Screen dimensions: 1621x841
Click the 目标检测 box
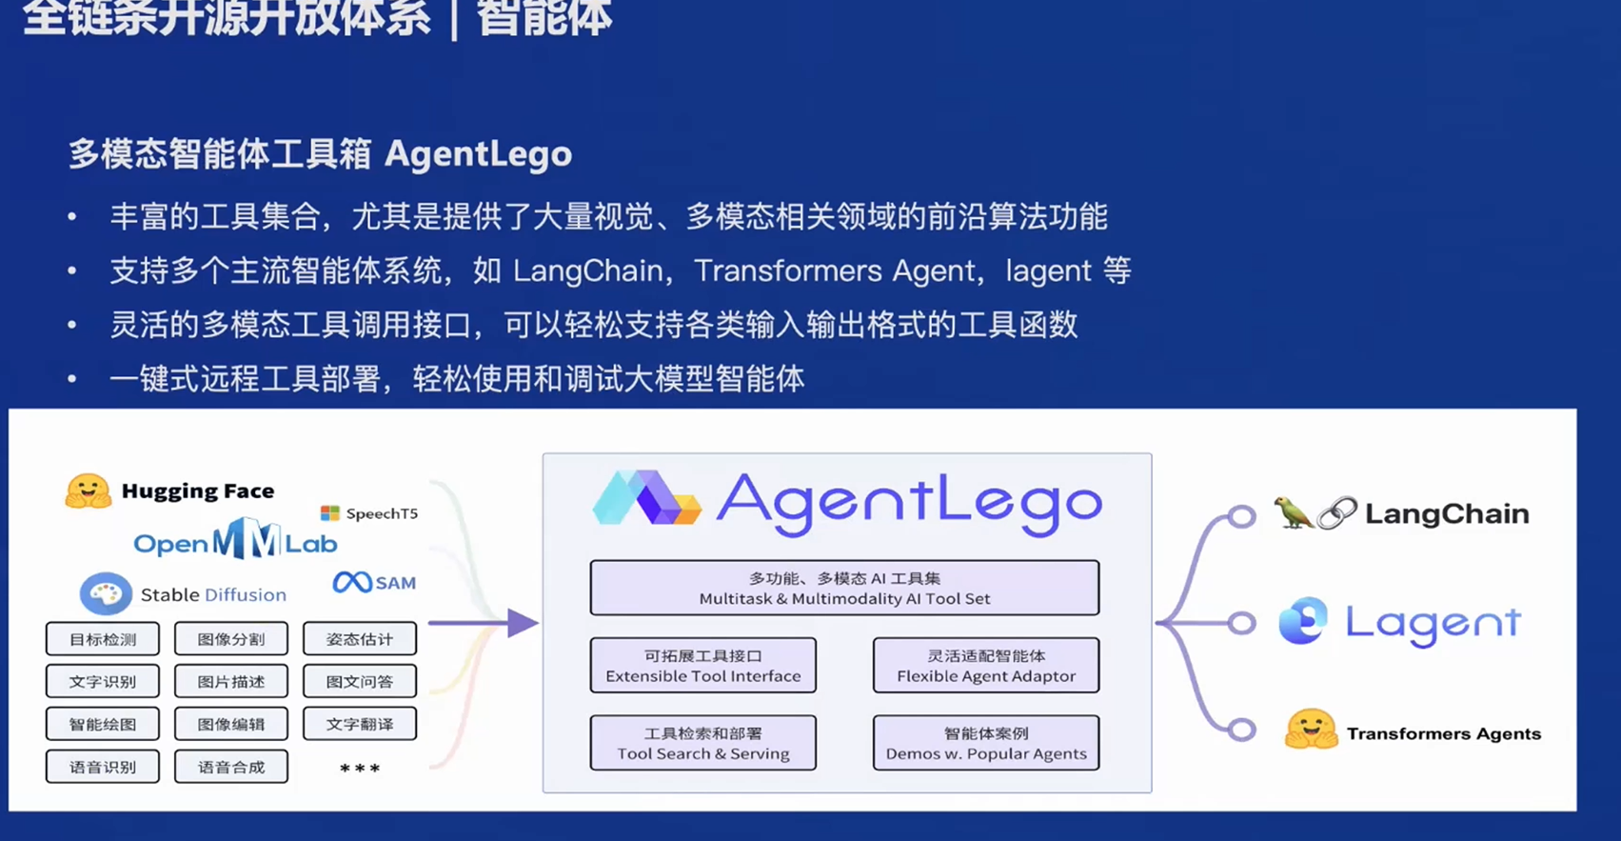pyautogui.click(x=103, y=639)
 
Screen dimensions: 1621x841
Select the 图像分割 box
pyautogui.click(x=231, y=639)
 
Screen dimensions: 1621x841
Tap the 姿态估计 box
pyautogui.click(x=360, y=639)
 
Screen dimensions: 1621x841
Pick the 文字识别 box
pyautogui.click(x=103, y=682)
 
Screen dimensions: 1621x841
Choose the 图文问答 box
pyautogui.click(x=360, y=682)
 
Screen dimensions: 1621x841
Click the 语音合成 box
pyautogui.click(x=231, y=767)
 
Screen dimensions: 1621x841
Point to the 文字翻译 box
pyautogui.click(x=360, y=724)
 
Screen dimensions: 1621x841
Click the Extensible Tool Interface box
pyautogui.click(x=703, y=666)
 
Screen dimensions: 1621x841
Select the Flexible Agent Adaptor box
pyautogui.click(x=986, y=666)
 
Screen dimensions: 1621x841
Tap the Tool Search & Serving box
pyautogui.click(x=703, y=743)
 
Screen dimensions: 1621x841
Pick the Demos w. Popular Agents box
pyautogui.click(x=986, y=743)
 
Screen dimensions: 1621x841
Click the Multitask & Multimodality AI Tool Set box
pyautogui.click(x=844, y=588)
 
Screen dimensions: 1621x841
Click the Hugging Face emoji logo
pyautogui.click(x=88, y=491)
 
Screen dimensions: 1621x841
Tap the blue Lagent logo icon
pyautogui.click(x=1302, y=621)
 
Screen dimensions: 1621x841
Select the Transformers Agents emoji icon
pyautogui.click(x=1311, y=731)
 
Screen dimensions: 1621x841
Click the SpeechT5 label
pyautogui.click(x=381, y=513)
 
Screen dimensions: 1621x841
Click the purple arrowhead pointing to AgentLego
pyautogui.click(x=522, y=623)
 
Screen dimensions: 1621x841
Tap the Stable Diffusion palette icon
pyautogui.click(x=106, y=594)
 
